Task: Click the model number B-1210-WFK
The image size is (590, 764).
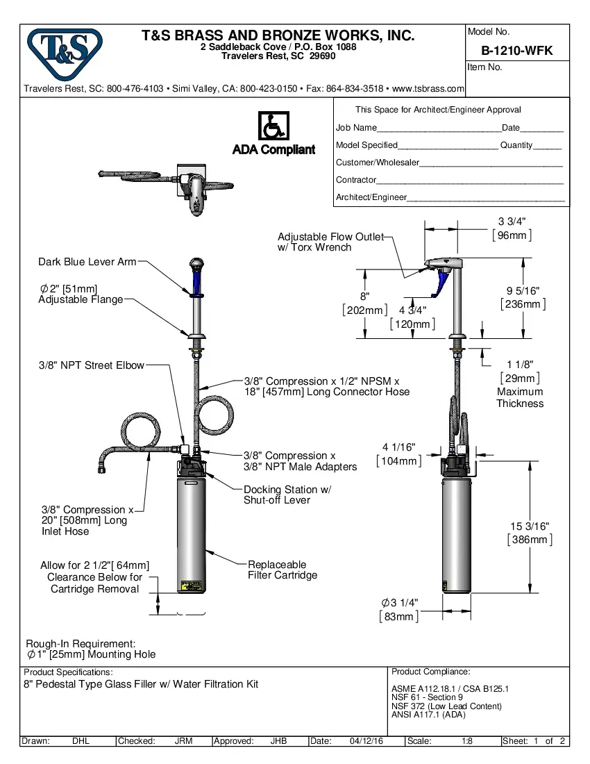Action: (x=516, y=51)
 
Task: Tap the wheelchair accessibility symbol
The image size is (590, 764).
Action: (x=273, y=126)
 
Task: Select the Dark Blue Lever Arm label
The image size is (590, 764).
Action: (x=87, y=262)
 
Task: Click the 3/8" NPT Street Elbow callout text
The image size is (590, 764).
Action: (x=92, y=365)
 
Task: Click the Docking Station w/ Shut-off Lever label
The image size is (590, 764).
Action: (x=287, y=495)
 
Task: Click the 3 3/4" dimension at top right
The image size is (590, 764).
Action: (x=512, y=221)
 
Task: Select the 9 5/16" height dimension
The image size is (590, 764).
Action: (x=523, y=290)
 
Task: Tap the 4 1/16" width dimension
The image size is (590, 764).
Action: (x=399, y=447)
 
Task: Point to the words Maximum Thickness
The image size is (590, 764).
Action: (x=520, y=397)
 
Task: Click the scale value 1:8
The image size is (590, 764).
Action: (x=467, y=741)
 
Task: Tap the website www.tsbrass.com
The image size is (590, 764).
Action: (x=428, y=89)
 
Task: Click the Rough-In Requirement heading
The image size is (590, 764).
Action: (x=81, y=644)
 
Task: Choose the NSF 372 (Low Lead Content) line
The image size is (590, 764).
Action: (x=446, y=706)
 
